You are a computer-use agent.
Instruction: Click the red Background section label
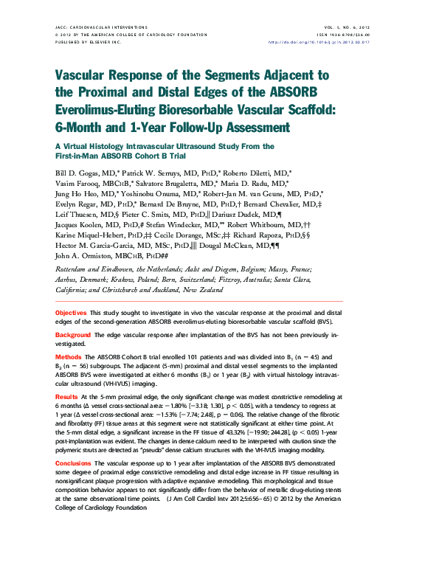(x=73, y=335)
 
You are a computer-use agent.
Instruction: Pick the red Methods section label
(x=69, y=356)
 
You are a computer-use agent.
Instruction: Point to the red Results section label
(x=67, y=397)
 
